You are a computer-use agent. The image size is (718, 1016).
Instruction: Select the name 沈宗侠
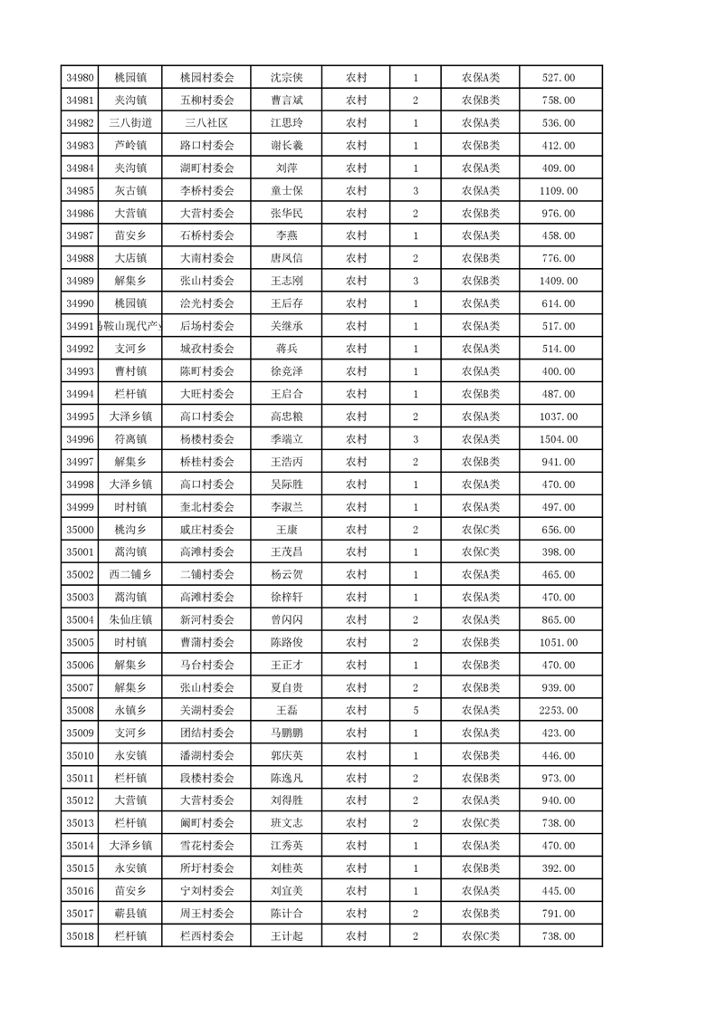(287, 78)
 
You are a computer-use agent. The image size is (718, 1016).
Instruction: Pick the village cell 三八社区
(207, 123)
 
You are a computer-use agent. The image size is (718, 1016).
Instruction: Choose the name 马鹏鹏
(287, 733)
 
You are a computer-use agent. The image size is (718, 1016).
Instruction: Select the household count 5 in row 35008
(416, 710)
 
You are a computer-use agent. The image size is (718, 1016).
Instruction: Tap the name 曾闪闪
(287, 619)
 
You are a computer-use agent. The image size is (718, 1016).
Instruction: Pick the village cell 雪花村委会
(207, 846)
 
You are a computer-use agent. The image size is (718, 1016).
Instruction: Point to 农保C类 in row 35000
(481, 530)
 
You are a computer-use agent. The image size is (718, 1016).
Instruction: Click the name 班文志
(287, 823)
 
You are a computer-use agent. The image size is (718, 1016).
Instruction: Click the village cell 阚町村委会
(207, 823)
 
